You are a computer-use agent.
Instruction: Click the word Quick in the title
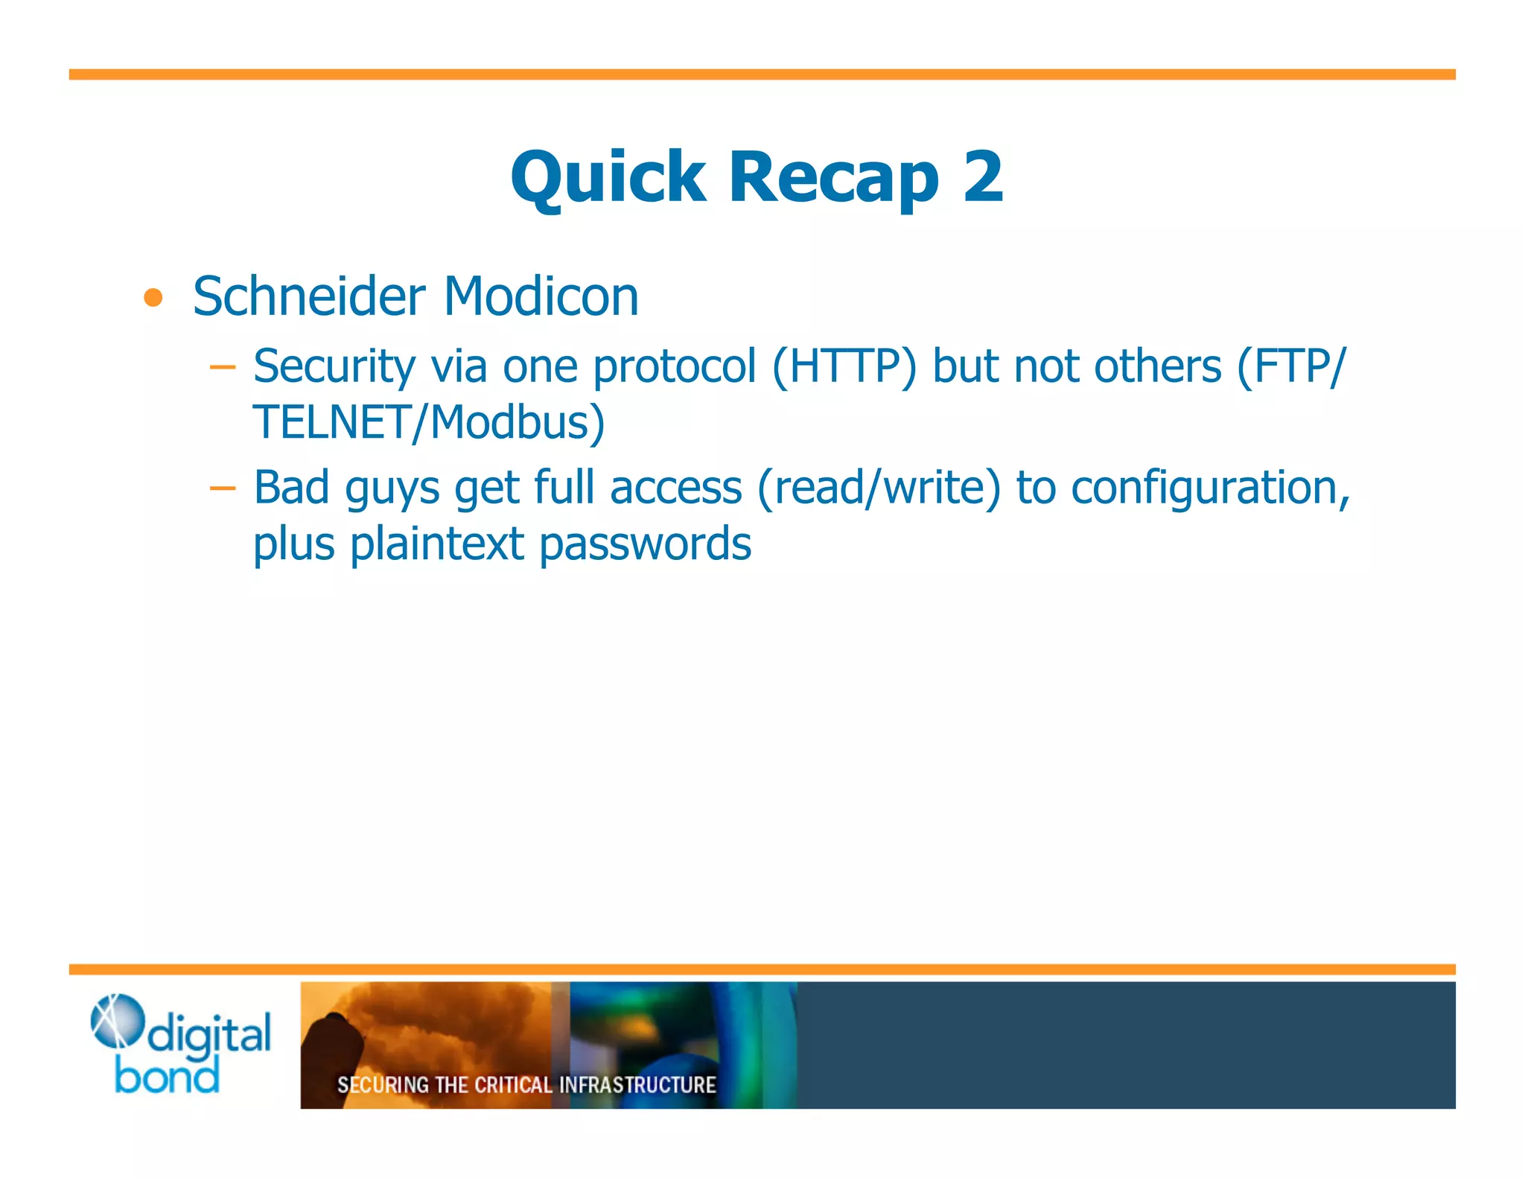(607, 177)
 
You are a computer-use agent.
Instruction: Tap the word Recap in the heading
(833, 177)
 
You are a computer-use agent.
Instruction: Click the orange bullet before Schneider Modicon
(153, 298)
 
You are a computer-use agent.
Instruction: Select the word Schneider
(309, 296)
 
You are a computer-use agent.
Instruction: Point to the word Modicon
(541, 296)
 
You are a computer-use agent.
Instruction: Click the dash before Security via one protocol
(222, 367)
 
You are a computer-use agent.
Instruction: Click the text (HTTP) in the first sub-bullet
(844, 367)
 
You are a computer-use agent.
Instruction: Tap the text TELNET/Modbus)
(428, 422)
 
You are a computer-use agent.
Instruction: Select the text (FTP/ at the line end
(1290, 367)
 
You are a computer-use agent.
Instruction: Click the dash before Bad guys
(222, 488)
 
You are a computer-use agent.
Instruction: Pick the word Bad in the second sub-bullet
(291, 488)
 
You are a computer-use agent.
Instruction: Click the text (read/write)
(879, 488)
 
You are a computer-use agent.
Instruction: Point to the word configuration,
(1210, 488)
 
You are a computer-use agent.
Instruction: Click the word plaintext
(437, 544)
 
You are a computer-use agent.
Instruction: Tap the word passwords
(645, 544)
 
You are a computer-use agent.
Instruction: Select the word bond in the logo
(168, 1077)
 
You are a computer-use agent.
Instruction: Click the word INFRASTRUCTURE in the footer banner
(637, 1085)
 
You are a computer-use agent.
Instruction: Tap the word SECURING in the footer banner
(383, 1085)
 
